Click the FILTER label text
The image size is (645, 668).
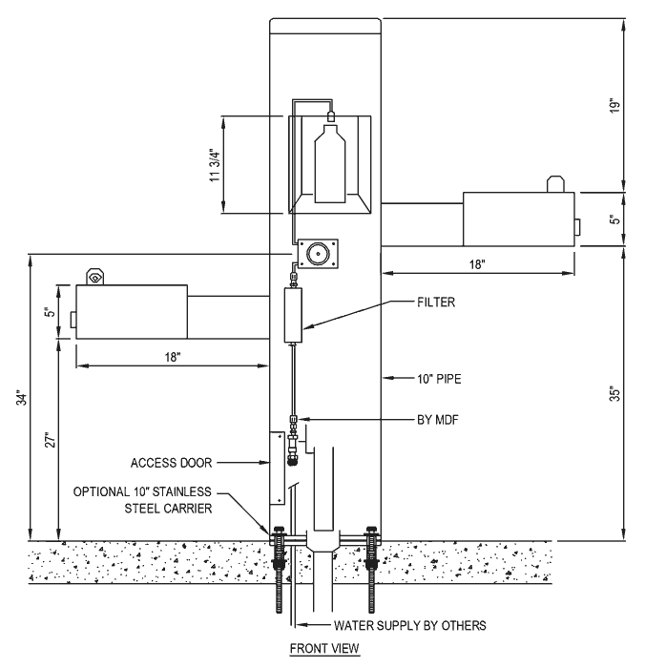click(436, 303)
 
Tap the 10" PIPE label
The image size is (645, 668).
click(439, 379)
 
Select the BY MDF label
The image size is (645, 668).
click(438, 420)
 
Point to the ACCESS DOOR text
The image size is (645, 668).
click(171, 463)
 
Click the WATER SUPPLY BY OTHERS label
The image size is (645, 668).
click(410, 625)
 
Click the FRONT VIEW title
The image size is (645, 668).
click(324, 648)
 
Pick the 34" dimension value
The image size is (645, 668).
click(21, 397)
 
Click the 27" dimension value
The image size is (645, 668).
click(51, 440)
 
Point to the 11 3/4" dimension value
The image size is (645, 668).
click(216, 165)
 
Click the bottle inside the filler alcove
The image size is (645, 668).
click(330, 163)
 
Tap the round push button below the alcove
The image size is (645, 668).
click(318, 254)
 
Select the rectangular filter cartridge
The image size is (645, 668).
click(293, 315)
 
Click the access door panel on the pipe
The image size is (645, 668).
click(277, 468)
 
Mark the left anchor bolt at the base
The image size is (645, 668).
click(279, 569)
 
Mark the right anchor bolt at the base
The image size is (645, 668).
click(370, 569)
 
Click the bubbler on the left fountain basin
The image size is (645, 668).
click(94, 277)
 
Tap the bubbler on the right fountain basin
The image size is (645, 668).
click(556, 183)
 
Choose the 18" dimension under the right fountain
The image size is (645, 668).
click(477, 264)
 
